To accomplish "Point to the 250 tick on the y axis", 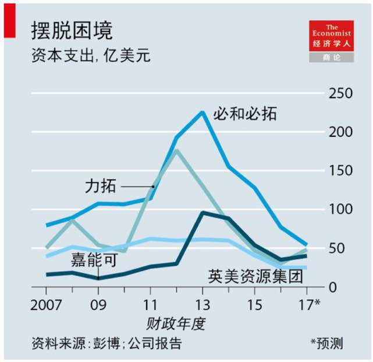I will click(342, 94).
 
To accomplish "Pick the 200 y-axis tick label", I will click(342, 132).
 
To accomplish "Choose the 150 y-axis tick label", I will click(342, 171).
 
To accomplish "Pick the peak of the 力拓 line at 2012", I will click(176, 151).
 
